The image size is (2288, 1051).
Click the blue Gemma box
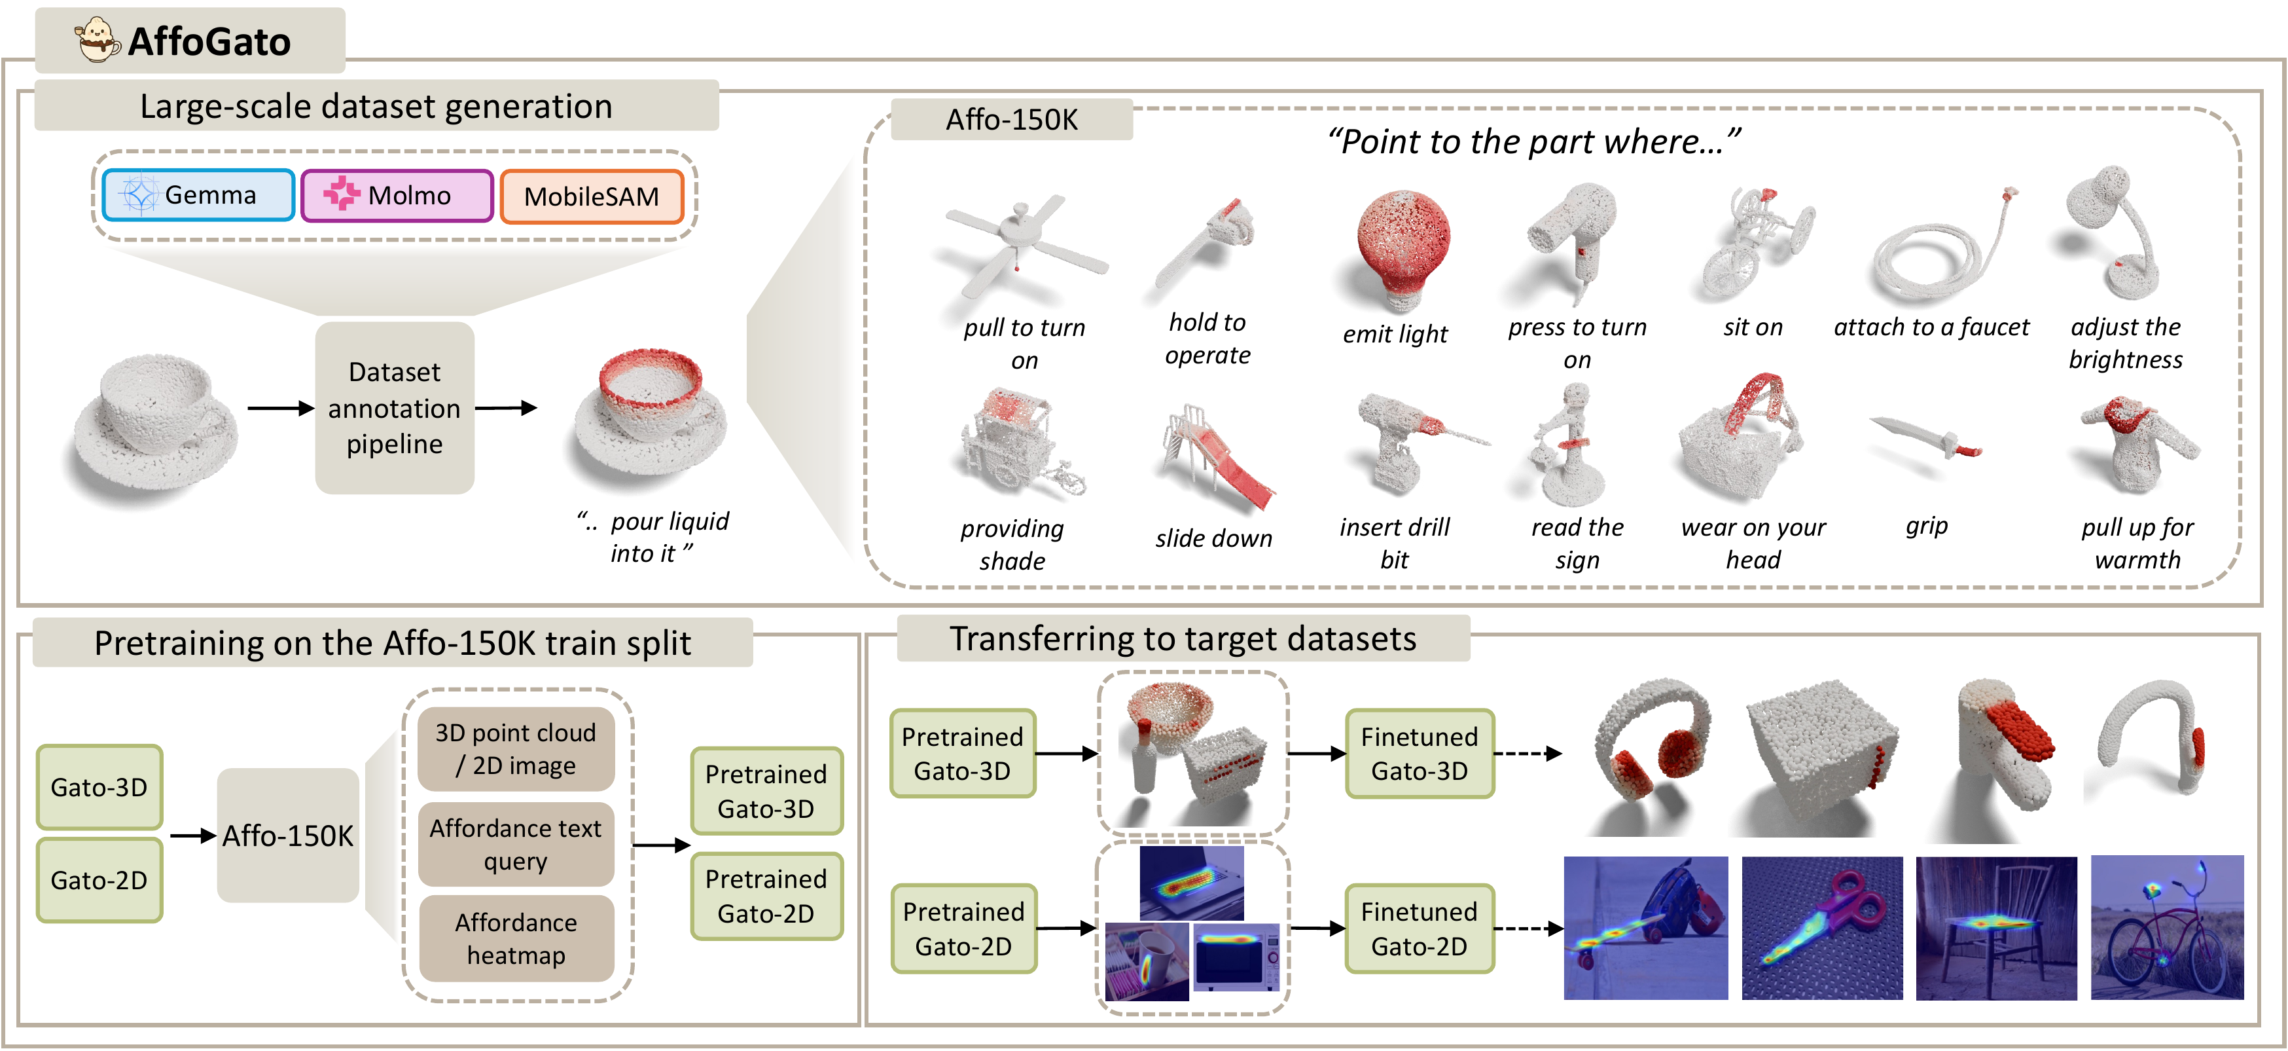tap(198, 194)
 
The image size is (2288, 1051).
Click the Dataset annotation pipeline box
tap(395, 408)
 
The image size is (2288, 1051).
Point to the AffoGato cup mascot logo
tap(96, 40)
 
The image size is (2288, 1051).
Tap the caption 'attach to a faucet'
tap(1931, 327)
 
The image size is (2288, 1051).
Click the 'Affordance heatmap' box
tap(516, 938)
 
